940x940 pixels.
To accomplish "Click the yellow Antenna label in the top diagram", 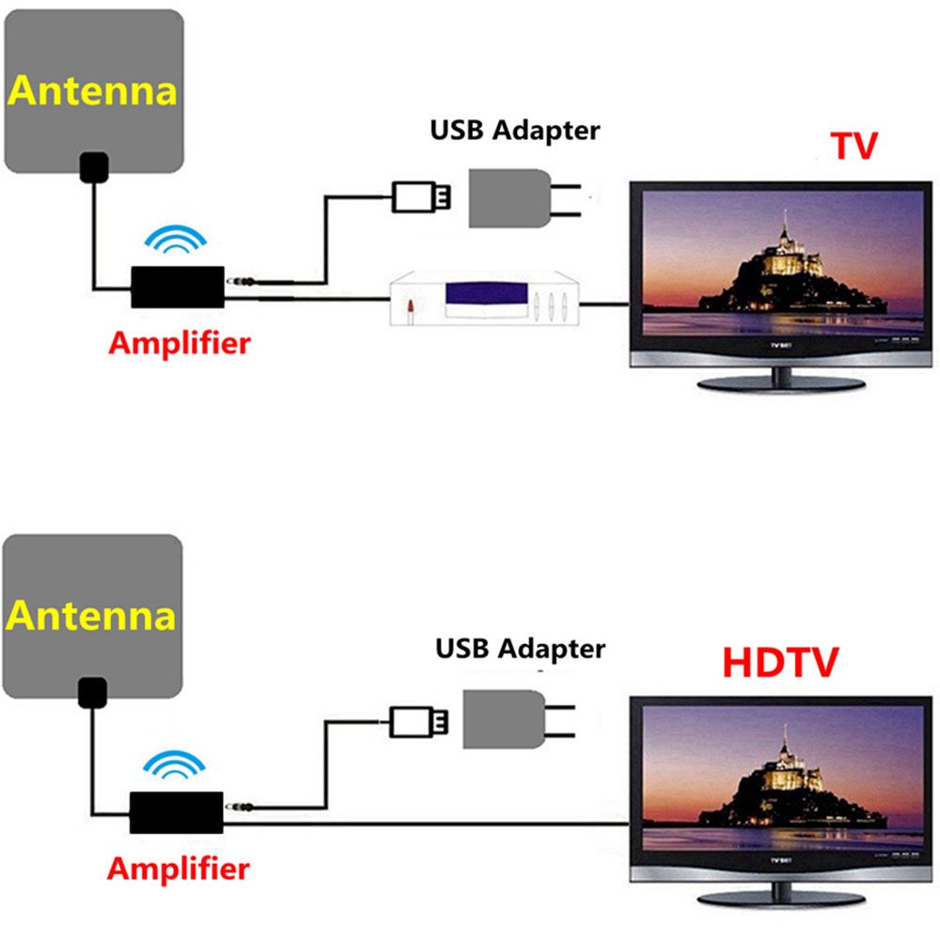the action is [92, 91].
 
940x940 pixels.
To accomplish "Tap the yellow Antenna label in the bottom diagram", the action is [90, 616].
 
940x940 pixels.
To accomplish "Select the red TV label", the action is [854, 146].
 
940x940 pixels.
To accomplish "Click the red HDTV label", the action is [780, 663].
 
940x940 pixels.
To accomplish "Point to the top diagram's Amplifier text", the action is [180, 343].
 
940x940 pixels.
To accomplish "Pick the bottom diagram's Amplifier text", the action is [179, 869].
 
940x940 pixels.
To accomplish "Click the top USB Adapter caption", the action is [515, 131].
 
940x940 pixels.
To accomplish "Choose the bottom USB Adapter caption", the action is [521, 650].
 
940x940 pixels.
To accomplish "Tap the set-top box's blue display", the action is [487, 293].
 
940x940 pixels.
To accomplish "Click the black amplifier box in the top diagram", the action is [178, 287].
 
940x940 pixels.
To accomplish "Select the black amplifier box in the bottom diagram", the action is [177, 813].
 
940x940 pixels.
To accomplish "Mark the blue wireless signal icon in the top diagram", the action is [176, 239].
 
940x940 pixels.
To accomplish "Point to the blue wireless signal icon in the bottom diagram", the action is [175, 764].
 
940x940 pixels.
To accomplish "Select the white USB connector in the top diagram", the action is [421, 196].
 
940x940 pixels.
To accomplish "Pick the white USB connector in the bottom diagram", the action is [418, 722].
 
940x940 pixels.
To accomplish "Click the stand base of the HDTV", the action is [781, 899].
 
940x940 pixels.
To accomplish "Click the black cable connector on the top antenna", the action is [94, 167].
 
